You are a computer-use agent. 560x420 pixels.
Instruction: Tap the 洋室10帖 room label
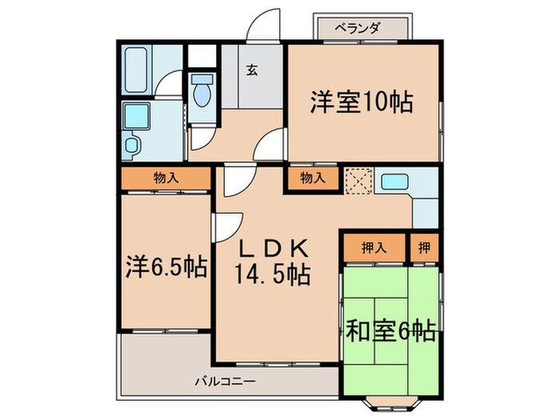pyautogui.click(x=362, y=102)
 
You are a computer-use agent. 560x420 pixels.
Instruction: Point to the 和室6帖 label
pyautogui.click(x=390, y=330)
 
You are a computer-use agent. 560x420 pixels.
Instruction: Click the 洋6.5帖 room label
pyautogui.click(x=166, y=266)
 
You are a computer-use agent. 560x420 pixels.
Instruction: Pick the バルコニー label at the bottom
pyautogui.click(x=225, y=381)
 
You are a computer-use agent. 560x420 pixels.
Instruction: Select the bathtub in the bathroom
pyautogui.click(x=135, y=70)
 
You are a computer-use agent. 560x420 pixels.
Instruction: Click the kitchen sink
pyautogui.click(x=394, y=182)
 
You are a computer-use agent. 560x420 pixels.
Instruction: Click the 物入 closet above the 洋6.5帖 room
pyautogui.click(x=166, y=178)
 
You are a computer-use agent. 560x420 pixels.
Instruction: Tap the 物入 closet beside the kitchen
pyautogui.click(x=312, y=178)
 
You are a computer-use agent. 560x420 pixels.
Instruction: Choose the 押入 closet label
pyautogui.click(x=374, y=247)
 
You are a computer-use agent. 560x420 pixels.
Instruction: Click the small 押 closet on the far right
pyautogui.click(x=423, y=247)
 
